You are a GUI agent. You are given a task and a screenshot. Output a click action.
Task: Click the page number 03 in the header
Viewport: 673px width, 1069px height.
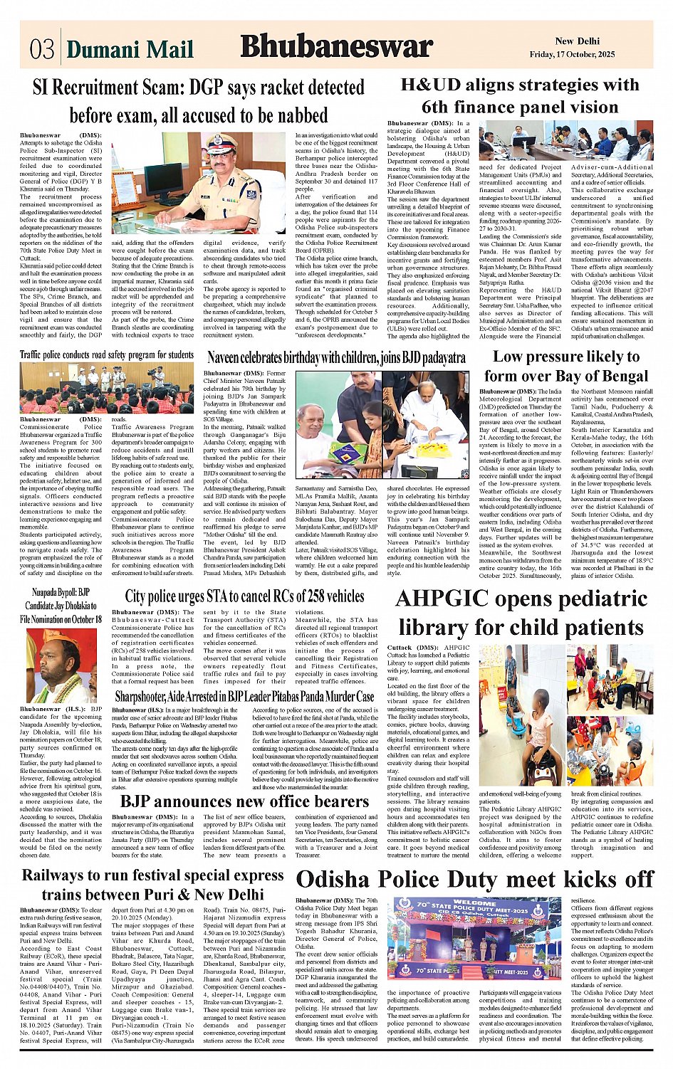(42, 48)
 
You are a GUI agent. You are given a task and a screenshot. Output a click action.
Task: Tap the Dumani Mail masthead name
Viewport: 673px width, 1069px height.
(130, 49)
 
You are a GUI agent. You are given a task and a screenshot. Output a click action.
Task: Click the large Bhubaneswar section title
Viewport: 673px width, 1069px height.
(336, 47)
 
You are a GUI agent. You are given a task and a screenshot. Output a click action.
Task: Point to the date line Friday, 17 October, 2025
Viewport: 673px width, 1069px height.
(572, 55)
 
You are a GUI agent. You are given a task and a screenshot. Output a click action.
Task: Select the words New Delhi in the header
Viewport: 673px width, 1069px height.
(577, 41)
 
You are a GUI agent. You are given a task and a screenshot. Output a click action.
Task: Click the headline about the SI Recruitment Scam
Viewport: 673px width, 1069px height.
(199, 101)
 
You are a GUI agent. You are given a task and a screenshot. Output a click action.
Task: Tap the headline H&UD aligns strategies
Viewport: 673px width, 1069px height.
(520, 96)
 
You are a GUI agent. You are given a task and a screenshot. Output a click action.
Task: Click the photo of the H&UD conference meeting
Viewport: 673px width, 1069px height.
(565, 141)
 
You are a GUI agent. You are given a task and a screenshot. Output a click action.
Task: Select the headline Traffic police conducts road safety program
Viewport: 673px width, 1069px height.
(107, 354)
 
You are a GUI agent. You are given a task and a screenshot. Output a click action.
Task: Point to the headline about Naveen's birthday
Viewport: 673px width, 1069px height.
(336, 357)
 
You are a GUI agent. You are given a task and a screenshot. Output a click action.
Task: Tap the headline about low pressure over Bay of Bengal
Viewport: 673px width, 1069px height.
(566, 366)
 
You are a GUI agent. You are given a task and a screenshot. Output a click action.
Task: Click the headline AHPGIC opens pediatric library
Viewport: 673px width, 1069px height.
(521, 613)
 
